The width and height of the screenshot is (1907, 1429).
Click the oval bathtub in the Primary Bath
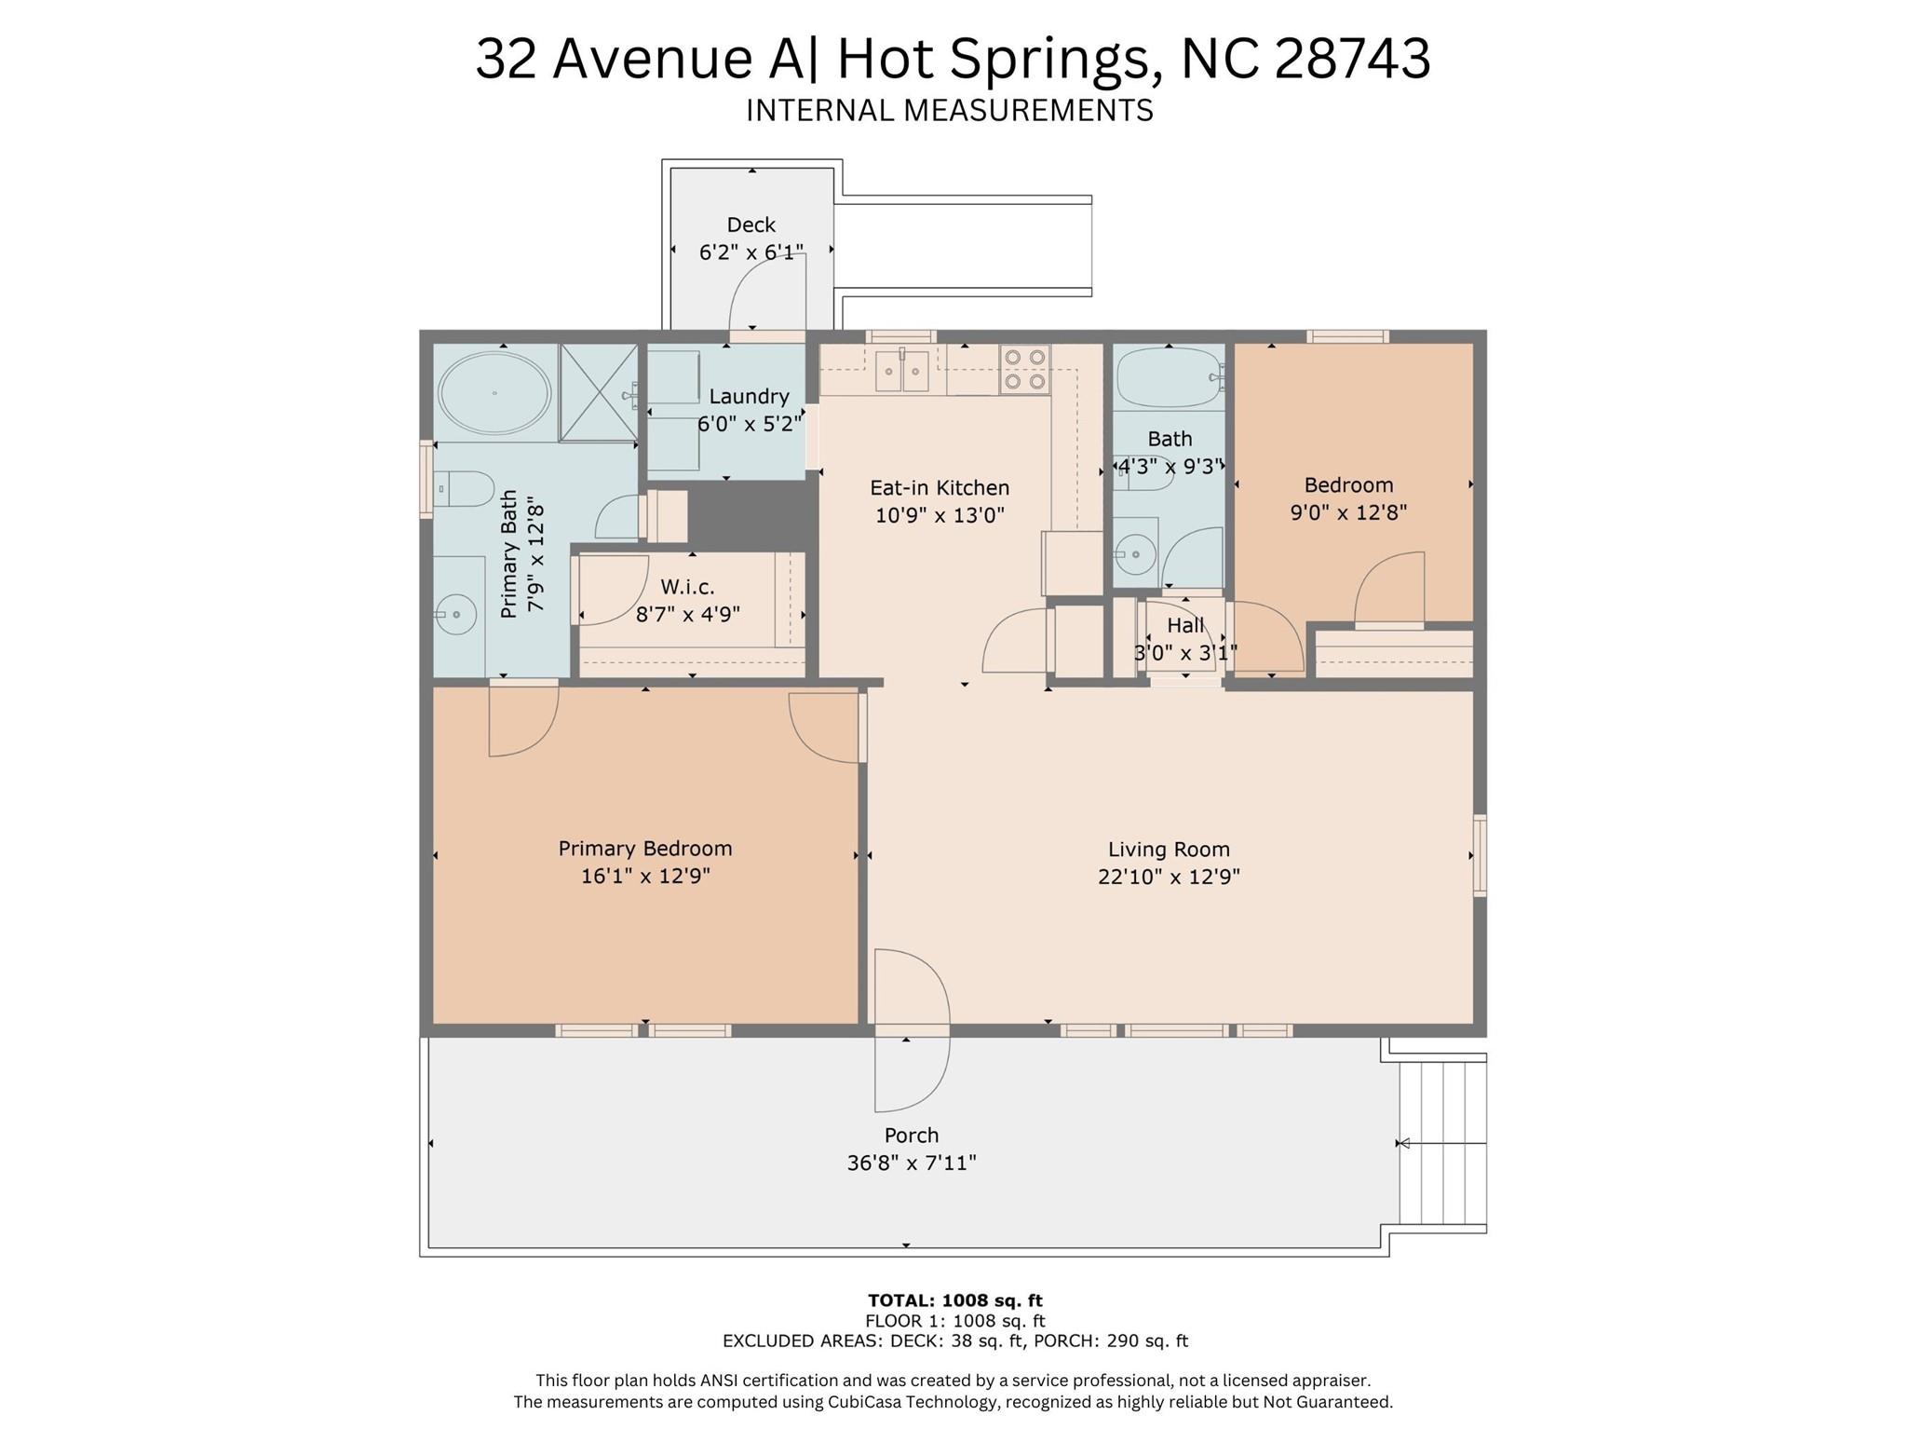pyautogui.click(x=494, y=393)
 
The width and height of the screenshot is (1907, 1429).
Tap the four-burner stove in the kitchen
pyautogui.click(x=1025, y=370)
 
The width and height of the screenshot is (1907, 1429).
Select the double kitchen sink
pyautogui.click(x=902, y=372)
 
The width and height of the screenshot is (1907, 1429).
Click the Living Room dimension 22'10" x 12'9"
pyautogui.click(x=1169, y=877)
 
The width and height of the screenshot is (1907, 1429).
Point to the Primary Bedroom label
pyautogui.click(x=644, y=849)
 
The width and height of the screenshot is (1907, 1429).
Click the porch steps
pyautogui.click(x=1442, y=1143)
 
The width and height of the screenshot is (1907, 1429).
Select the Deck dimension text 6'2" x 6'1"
pyautogui.click(x=751, y=252)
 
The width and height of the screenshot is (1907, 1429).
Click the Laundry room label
pyautogui.click(x=749, y=397)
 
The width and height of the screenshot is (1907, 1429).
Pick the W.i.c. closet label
pyautogui.click(x=687, y=587)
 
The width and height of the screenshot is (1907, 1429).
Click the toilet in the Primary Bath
pyautogui.click(x=464, y=488)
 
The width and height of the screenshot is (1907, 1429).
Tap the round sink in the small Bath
pyautogui.click(x=1134, y=556)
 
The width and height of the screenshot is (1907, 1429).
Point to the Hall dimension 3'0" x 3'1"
pyautogui.click(x=1184, y=653)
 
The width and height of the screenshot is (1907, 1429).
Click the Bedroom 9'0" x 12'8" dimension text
pyautogui.click(x=1347, y=512)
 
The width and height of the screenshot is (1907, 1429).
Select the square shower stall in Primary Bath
pyautogui.click(x=599, y=393)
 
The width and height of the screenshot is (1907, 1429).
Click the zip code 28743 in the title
pyautogui.click(x=1351, y=59)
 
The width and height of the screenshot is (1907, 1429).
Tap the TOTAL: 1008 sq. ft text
pyautogui.click(x=954, y=1300)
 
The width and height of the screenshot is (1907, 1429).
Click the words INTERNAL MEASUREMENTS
pyautogui.click(x=949, y=111)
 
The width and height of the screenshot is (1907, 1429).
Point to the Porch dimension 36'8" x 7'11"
pyautogui.click(x=911, y=1163)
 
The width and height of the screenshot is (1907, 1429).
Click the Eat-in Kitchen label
pyautogui.click(x=939, y=488)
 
